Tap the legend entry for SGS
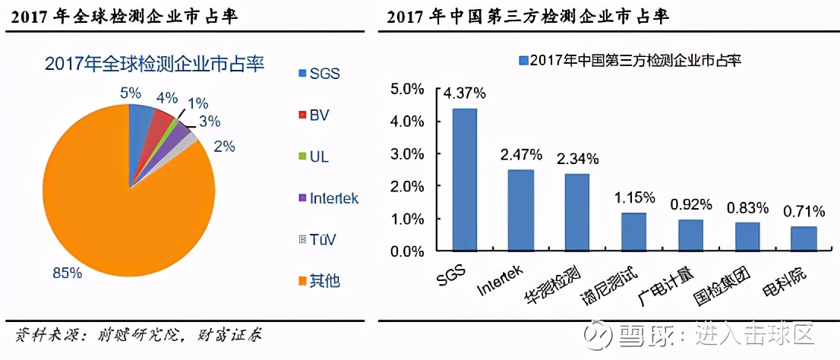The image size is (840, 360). (320, 74)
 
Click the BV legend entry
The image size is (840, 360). (314, 115)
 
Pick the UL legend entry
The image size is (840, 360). (314, 157)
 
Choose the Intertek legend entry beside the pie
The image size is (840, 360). (328, 199)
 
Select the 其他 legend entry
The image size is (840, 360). (319, 282)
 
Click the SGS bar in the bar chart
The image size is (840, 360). (465, 179)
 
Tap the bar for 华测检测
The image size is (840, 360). (577, 212)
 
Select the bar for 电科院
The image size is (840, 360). (803, 238)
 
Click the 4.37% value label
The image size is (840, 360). (466, 94)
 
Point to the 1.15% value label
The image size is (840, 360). (633, 197)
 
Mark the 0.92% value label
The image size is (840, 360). (690, 204)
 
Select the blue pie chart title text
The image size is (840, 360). (154, 63)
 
